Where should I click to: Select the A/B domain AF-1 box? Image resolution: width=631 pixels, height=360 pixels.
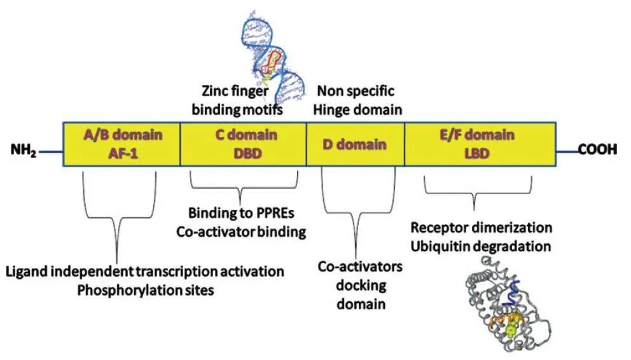[121, 144]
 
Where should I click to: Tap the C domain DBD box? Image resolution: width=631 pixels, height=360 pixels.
[244, 144]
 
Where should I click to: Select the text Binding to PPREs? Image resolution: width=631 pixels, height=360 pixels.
[239, 212]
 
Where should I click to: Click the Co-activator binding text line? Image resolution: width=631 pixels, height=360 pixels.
[241, 232]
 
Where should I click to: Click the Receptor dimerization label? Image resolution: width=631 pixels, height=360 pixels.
[481, 227]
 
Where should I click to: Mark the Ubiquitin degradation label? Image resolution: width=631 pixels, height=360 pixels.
[481, 246]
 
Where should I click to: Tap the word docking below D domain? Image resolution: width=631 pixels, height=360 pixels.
[360, 285]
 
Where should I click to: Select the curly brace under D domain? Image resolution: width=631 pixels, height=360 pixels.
[361, 210]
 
